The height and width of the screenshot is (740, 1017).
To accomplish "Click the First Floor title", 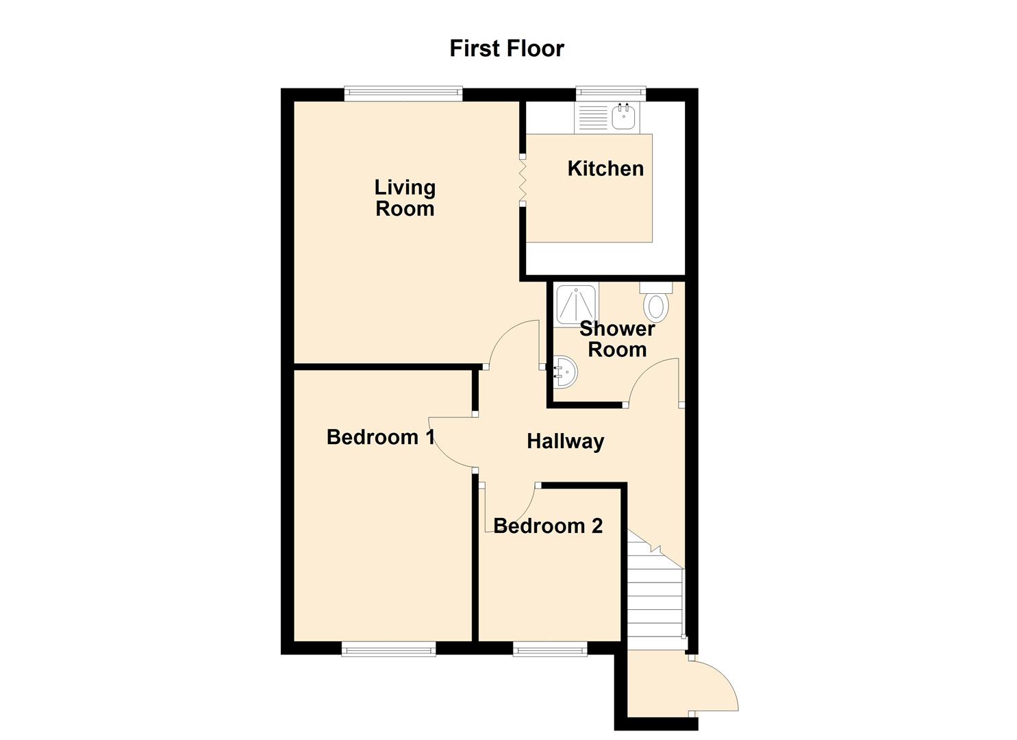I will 507,49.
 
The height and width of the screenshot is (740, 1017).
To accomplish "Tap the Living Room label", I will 405,198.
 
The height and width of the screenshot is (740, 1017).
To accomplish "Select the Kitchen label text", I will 605,169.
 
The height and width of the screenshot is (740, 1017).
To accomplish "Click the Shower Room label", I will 617,338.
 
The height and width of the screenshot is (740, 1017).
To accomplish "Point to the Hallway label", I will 565,441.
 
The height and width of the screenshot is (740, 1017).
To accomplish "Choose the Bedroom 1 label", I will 380,437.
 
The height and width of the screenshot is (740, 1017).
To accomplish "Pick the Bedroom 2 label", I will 548,526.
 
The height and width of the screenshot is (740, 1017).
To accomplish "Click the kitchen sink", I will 623,117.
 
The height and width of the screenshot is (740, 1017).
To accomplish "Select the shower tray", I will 577,304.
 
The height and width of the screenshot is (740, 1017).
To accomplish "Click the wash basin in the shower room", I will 564,372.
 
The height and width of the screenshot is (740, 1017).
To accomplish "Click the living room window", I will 403,94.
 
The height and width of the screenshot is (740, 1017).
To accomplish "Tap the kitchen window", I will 611,94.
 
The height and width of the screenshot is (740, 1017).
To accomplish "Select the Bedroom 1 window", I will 388,648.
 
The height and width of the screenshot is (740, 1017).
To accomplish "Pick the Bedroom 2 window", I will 550,648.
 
